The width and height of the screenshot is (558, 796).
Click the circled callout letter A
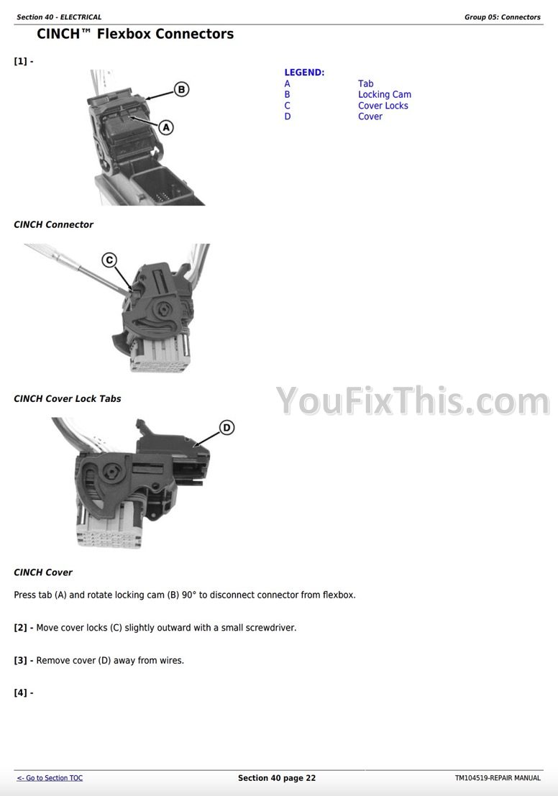(x=166, y=127)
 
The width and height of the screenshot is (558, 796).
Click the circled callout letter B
(x=182, y=89)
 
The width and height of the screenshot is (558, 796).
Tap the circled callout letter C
(x=109, y=260)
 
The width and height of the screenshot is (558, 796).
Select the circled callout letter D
(x=227, y=427)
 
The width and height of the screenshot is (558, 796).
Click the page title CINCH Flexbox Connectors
(x=135, y=34)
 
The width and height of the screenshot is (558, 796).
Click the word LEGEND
(x=304, y=73)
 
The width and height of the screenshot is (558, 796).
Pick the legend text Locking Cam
(x=385, y=94)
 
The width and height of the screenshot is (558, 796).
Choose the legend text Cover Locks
(x=383, y=106)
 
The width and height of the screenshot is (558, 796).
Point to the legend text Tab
(x=365, y=83)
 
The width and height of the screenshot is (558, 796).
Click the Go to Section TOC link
(x=50, y=778)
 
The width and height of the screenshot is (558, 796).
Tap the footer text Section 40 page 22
(x=277, y=778)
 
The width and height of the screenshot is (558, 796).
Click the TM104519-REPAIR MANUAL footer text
(x=498, y=778)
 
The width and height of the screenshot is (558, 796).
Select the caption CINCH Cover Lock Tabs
(x=68, y=398)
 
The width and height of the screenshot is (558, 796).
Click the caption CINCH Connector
(x=54, y=224)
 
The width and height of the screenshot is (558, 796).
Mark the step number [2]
(x=20, y=628)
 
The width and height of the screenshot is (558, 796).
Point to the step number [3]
(x=20, y=660)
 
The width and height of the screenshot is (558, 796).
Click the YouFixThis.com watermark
(x=413, y=401)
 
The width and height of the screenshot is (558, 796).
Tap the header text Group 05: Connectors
(x=502, y=17)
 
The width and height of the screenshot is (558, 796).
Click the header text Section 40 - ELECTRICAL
(x=59, y=17)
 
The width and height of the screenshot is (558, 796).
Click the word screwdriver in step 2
(x=270, y=628)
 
